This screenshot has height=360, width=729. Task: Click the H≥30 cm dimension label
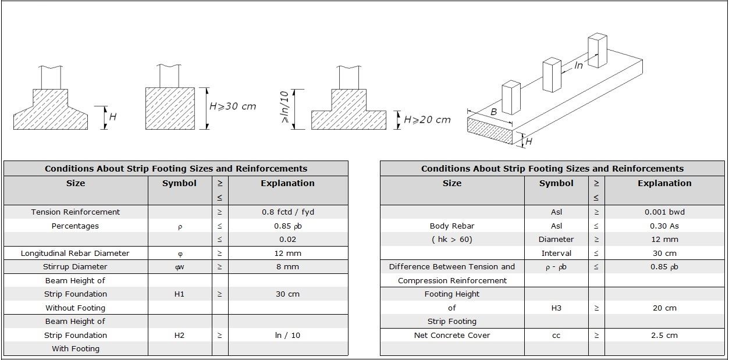tap(233, 107)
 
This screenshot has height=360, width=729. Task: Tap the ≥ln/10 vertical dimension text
tap(285, 109)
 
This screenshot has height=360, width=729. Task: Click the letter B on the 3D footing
tap(493, 111)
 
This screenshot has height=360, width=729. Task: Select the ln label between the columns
tap(578, 65)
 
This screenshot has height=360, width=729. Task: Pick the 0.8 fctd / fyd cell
tap(287, 212)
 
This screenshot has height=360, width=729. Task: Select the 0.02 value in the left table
tap(287, 239)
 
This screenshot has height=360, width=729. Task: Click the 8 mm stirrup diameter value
tap(287, 267)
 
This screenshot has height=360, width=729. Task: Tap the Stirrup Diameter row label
tap(75, 267)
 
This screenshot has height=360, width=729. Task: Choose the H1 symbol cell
tap(179, 294)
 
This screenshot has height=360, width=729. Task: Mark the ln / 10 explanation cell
tap(287, 336)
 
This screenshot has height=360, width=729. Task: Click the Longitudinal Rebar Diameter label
tap(75, 254)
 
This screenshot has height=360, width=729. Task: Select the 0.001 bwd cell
tap(664, 212)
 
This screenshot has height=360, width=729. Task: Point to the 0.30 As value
tap(664, 226)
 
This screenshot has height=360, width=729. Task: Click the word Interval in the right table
tap(556, 254)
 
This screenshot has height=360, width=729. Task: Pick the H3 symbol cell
tap(556, 308)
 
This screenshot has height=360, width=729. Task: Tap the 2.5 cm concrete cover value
tap(664, 336)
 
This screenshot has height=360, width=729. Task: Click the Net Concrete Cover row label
tap(452, 336)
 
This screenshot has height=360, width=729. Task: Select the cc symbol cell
tap(556, 336)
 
